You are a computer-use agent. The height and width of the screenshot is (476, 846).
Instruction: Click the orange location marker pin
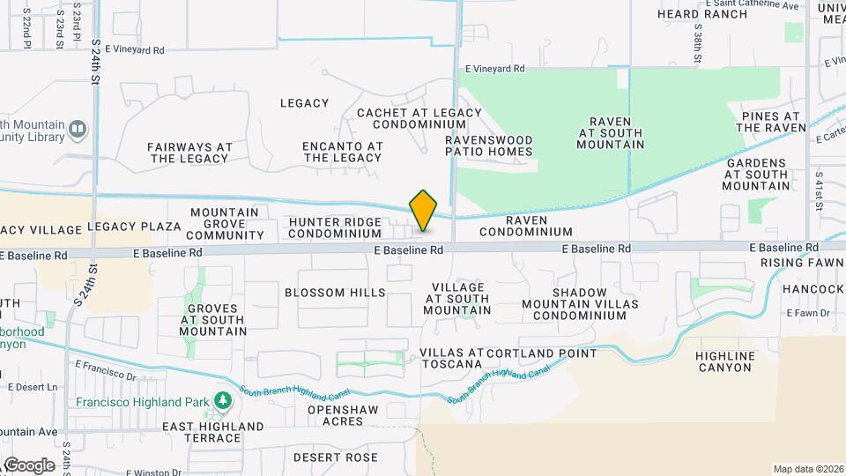coord(424,211)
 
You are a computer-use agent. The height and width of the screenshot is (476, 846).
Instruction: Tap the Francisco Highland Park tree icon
coord(222,403)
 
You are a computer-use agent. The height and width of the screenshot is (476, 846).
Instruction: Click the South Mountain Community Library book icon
coord(78,130)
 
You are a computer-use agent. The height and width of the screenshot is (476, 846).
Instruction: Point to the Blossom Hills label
coord(335,293)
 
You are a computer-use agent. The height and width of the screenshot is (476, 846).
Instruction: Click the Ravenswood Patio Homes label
coord(489,145)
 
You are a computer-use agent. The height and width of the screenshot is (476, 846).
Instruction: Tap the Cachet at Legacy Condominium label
coord(419,118)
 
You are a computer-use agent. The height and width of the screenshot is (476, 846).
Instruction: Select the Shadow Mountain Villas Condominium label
coord(579,304)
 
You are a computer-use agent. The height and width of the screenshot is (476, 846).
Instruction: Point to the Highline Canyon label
coord(725,361)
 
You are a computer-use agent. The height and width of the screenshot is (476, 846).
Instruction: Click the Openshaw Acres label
coord(335,416)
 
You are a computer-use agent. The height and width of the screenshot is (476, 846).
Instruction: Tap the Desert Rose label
coord(335,457)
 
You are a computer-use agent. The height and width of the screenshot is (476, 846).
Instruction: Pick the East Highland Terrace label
coord(212,432)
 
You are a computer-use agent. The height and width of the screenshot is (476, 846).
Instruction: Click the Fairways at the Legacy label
coord(189,152)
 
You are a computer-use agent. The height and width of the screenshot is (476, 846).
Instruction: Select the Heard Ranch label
coord(703,14)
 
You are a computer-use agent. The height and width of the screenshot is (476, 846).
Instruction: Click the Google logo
coord(29,465)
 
